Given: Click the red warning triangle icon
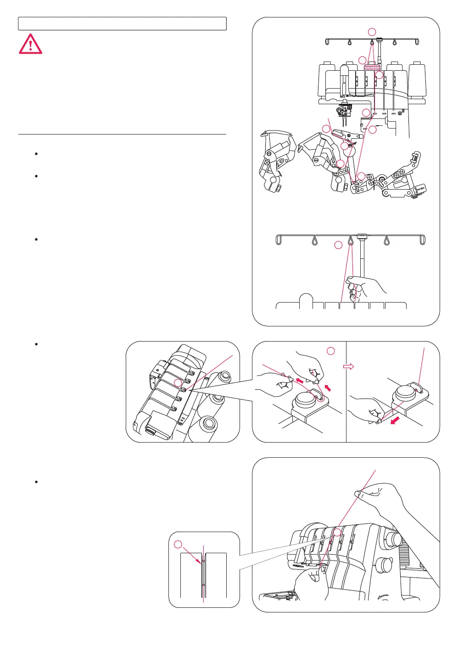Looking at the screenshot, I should point(30,45).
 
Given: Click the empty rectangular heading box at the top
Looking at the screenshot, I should point(122,24).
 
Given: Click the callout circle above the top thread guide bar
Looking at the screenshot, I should point(372,32).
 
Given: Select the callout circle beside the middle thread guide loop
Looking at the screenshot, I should point(338,245).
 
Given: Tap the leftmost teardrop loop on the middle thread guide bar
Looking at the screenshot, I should point(315,240).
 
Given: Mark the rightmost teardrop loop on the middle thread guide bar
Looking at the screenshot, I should point(387,240).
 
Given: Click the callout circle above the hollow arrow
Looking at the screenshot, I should point(331,351).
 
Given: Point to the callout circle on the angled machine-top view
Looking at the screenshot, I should point(178,383).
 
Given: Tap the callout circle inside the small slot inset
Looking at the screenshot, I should point(179,544).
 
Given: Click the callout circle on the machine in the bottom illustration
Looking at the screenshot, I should point(337,532).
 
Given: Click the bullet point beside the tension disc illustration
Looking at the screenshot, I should point(36,344).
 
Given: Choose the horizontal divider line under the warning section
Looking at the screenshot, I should point(122,135).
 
